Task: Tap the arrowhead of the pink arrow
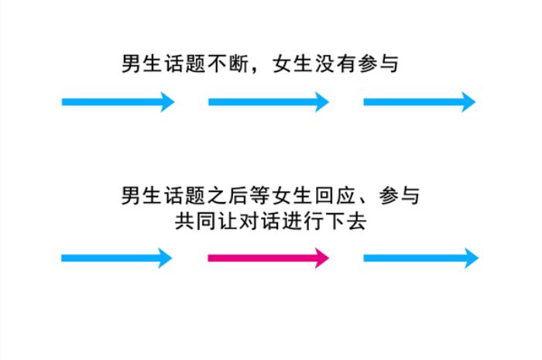coord(321,258)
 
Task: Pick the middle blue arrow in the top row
coord(268,101)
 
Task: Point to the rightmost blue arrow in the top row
coord(419,101)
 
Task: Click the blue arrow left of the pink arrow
coord(116,258)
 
